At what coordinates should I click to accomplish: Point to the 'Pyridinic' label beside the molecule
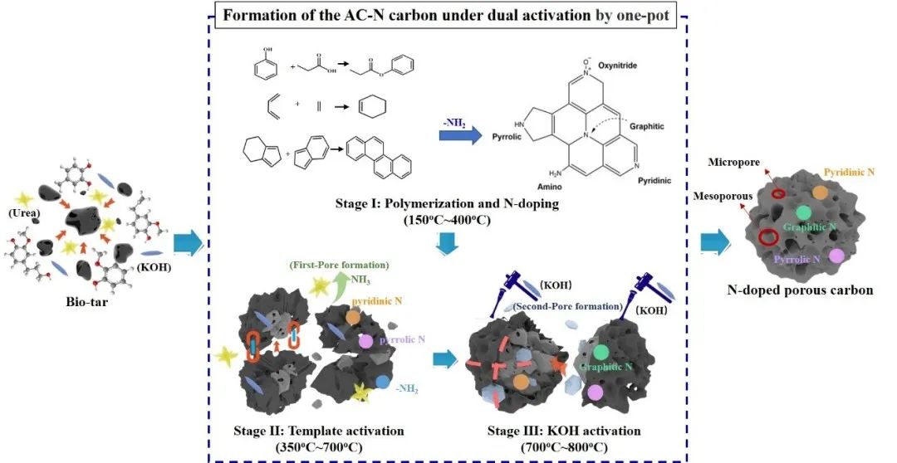(x=654, y=181)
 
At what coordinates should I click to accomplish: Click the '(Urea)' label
(x=23, y=213)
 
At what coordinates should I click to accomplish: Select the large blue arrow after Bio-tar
(x=189, y=243)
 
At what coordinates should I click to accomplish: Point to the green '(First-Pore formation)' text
(x=340, y=266)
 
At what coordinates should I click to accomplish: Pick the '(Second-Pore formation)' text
(x=568, y=306)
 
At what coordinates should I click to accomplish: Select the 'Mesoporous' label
(x=723, y=196)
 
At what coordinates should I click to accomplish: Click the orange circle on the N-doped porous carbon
(x=820, y=193)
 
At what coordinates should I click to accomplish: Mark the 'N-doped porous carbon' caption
(x=801, y=290)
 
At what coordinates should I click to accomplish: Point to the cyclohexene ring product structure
(x=374, y=105)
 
